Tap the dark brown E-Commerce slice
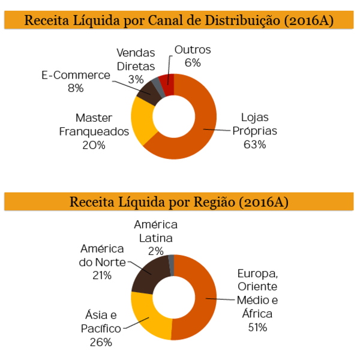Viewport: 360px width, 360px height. coord(147,93)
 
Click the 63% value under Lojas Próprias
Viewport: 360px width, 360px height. coord(254,145)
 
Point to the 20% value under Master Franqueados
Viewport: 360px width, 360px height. coord(94,145)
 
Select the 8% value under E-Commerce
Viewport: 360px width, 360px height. coord(76,88)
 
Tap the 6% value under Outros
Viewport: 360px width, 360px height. coord(193,63)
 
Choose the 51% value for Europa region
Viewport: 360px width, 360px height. coord(257,327)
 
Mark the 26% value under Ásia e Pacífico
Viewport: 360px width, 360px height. coord(100,342)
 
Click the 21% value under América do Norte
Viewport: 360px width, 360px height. coord(101,275)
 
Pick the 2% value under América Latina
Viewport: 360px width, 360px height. coord(156,251)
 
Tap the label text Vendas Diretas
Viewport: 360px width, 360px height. coord(136,59)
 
